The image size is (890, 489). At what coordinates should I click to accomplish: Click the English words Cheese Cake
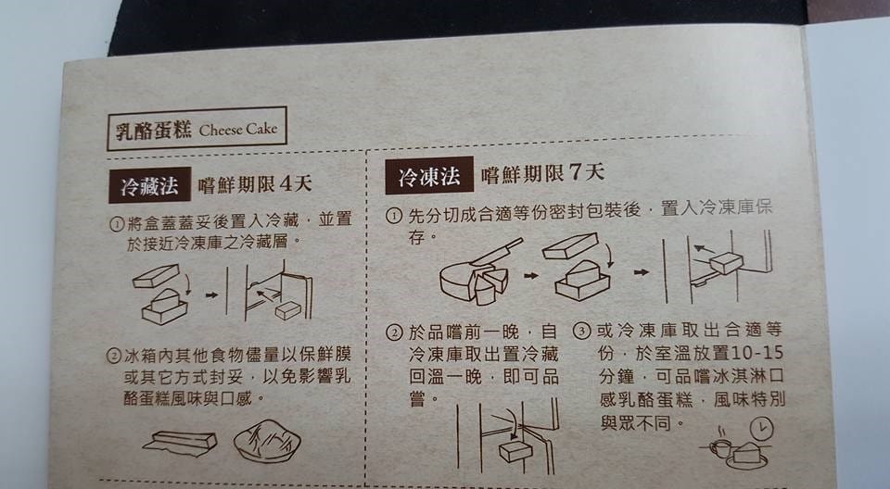[x=238, y=130]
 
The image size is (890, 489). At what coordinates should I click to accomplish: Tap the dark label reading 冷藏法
[x=149, y=185]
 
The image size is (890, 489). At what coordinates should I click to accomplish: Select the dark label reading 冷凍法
[x=428, y=176]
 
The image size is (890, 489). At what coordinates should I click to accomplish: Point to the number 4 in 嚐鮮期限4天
[x=286, y=183]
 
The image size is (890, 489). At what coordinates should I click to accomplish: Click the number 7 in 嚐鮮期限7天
[x=577, y=172]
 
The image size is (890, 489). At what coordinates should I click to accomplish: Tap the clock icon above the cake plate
[x=761, y=430]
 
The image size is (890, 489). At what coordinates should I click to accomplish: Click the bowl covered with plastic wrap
[x=267, y=441]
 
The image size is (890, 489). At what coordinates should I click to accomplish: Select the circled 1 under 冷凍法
[x=394, y=216]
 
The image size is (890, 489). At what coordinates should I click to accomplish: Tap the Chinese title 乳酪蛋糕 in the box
[x=153, y=131]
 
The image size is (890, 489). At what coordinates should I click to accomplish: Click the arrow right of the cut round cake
[x=530, y=276]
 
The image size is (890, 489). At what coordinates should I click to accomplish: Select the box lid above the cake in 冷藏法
[x=156, y=276]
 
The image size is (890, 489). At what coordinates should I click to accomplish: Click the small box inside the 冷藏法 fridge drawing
[x=288, y=310]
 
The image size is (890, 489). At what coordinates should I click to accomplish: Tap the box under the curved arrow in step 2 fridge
[x=515, y=451]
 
